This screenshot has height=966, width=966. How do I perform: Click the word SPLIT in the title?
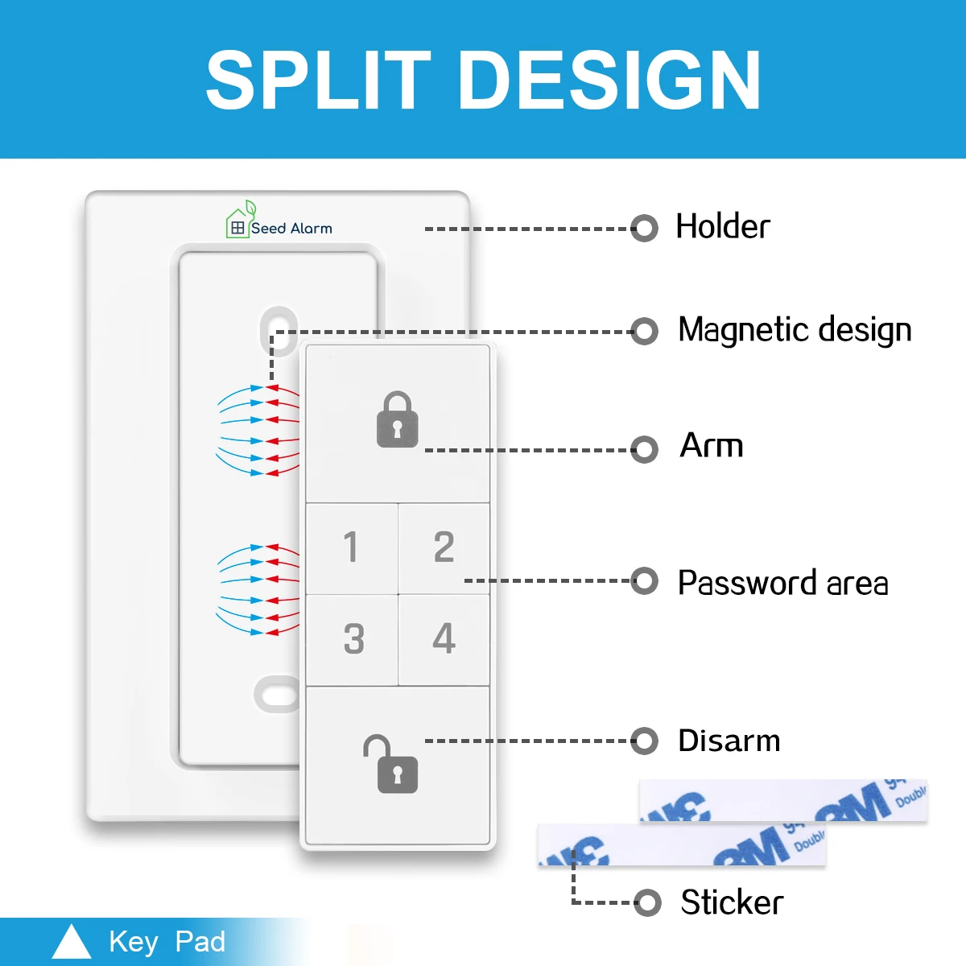[318, 80]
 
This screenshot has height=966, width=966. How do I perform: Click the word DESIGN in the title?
[609, 80]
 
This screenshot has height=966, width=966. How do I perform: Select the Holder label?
[722, 227]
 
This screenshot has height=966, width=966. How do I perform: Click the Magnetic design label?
[795, 330]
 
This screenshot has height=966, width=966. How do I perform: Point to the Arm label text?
[712, 446]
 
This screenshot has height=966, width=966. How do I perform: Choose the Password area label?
[782, 583]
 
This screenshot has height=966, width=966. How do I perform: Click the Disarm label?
[729, 741]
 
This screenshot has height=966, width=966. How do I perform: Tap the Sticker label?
[732, 902]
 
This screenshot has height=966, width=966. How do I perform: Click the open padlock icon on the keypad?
[392, 764]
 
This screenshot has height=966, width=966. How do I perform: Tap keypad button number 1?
[351, 547]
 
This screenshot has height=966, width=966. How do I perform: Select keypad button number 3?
[353, 639]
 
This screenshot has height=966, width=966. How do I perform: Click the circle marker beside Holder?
[644, 228]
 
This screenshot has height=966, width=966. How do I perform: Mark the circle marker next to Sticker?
[647, 902]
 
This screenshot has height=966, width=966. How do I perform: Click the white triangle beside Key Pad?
[71, 942]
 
